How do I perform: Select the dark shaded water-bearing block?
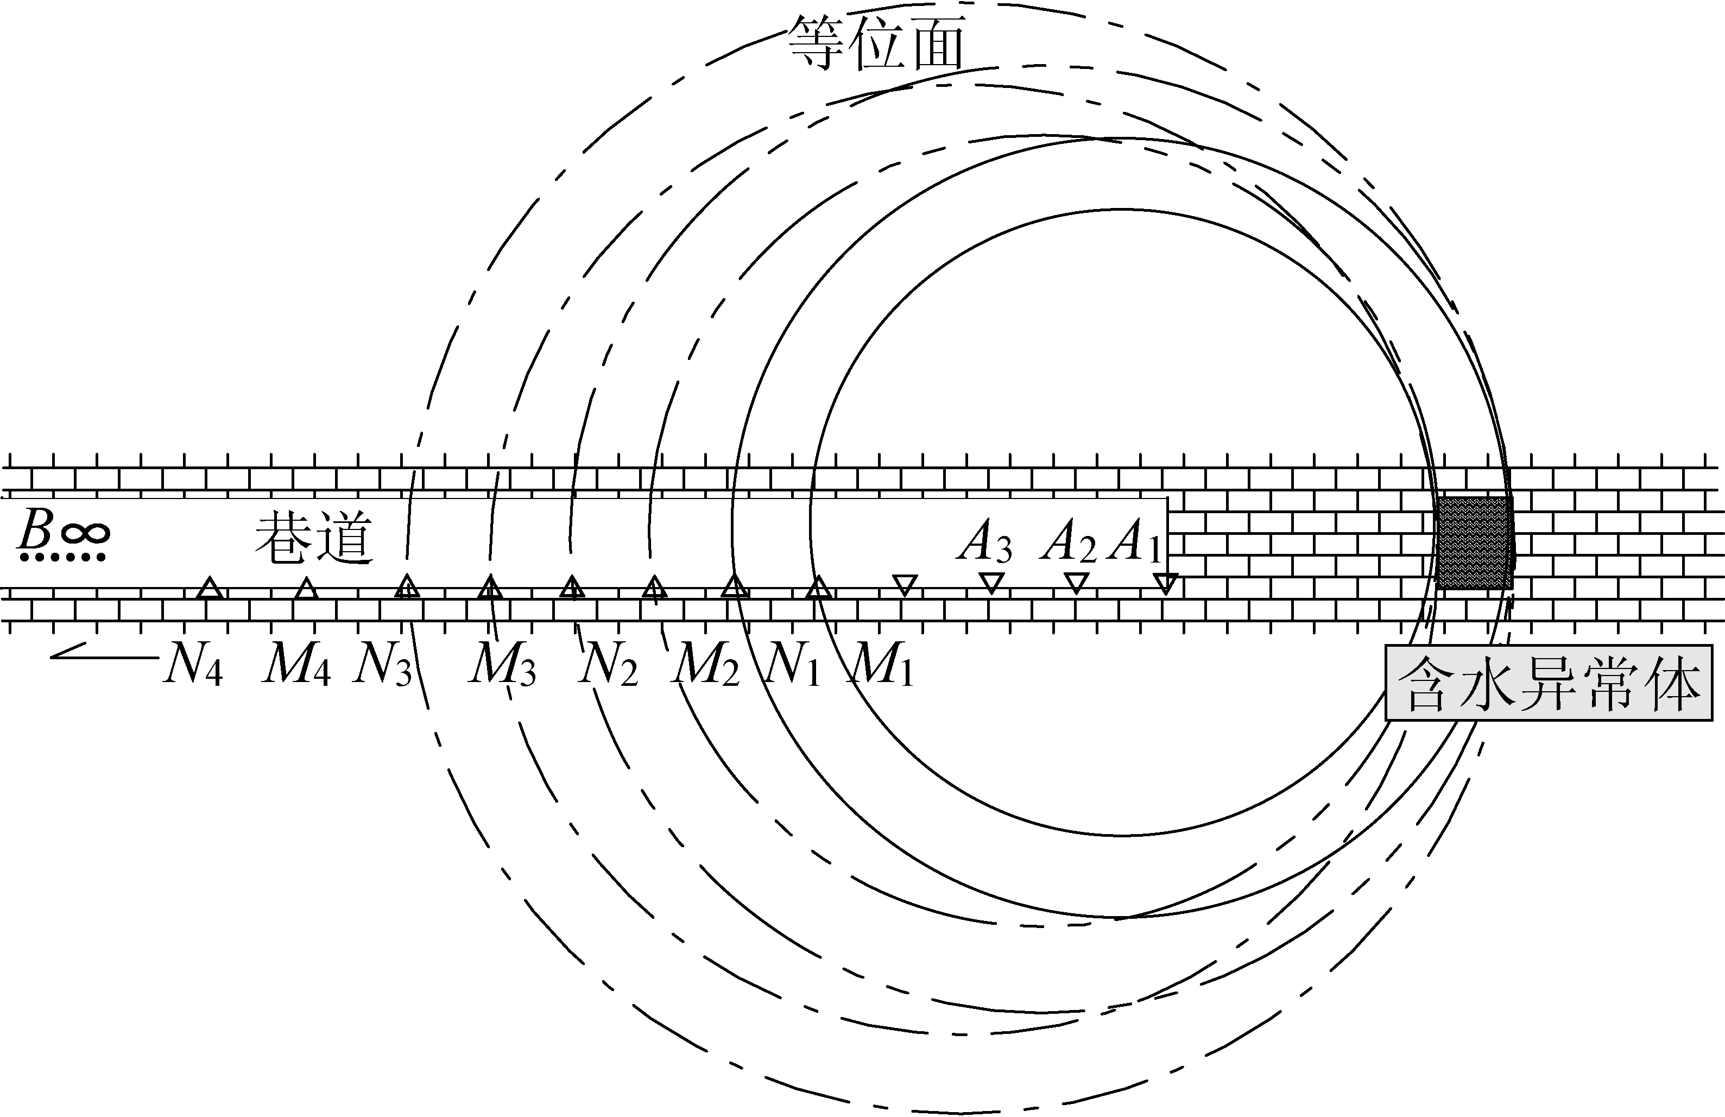[x=1474, y=542]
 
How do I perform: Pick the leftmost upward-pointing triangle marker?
[x=210, y=588]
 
